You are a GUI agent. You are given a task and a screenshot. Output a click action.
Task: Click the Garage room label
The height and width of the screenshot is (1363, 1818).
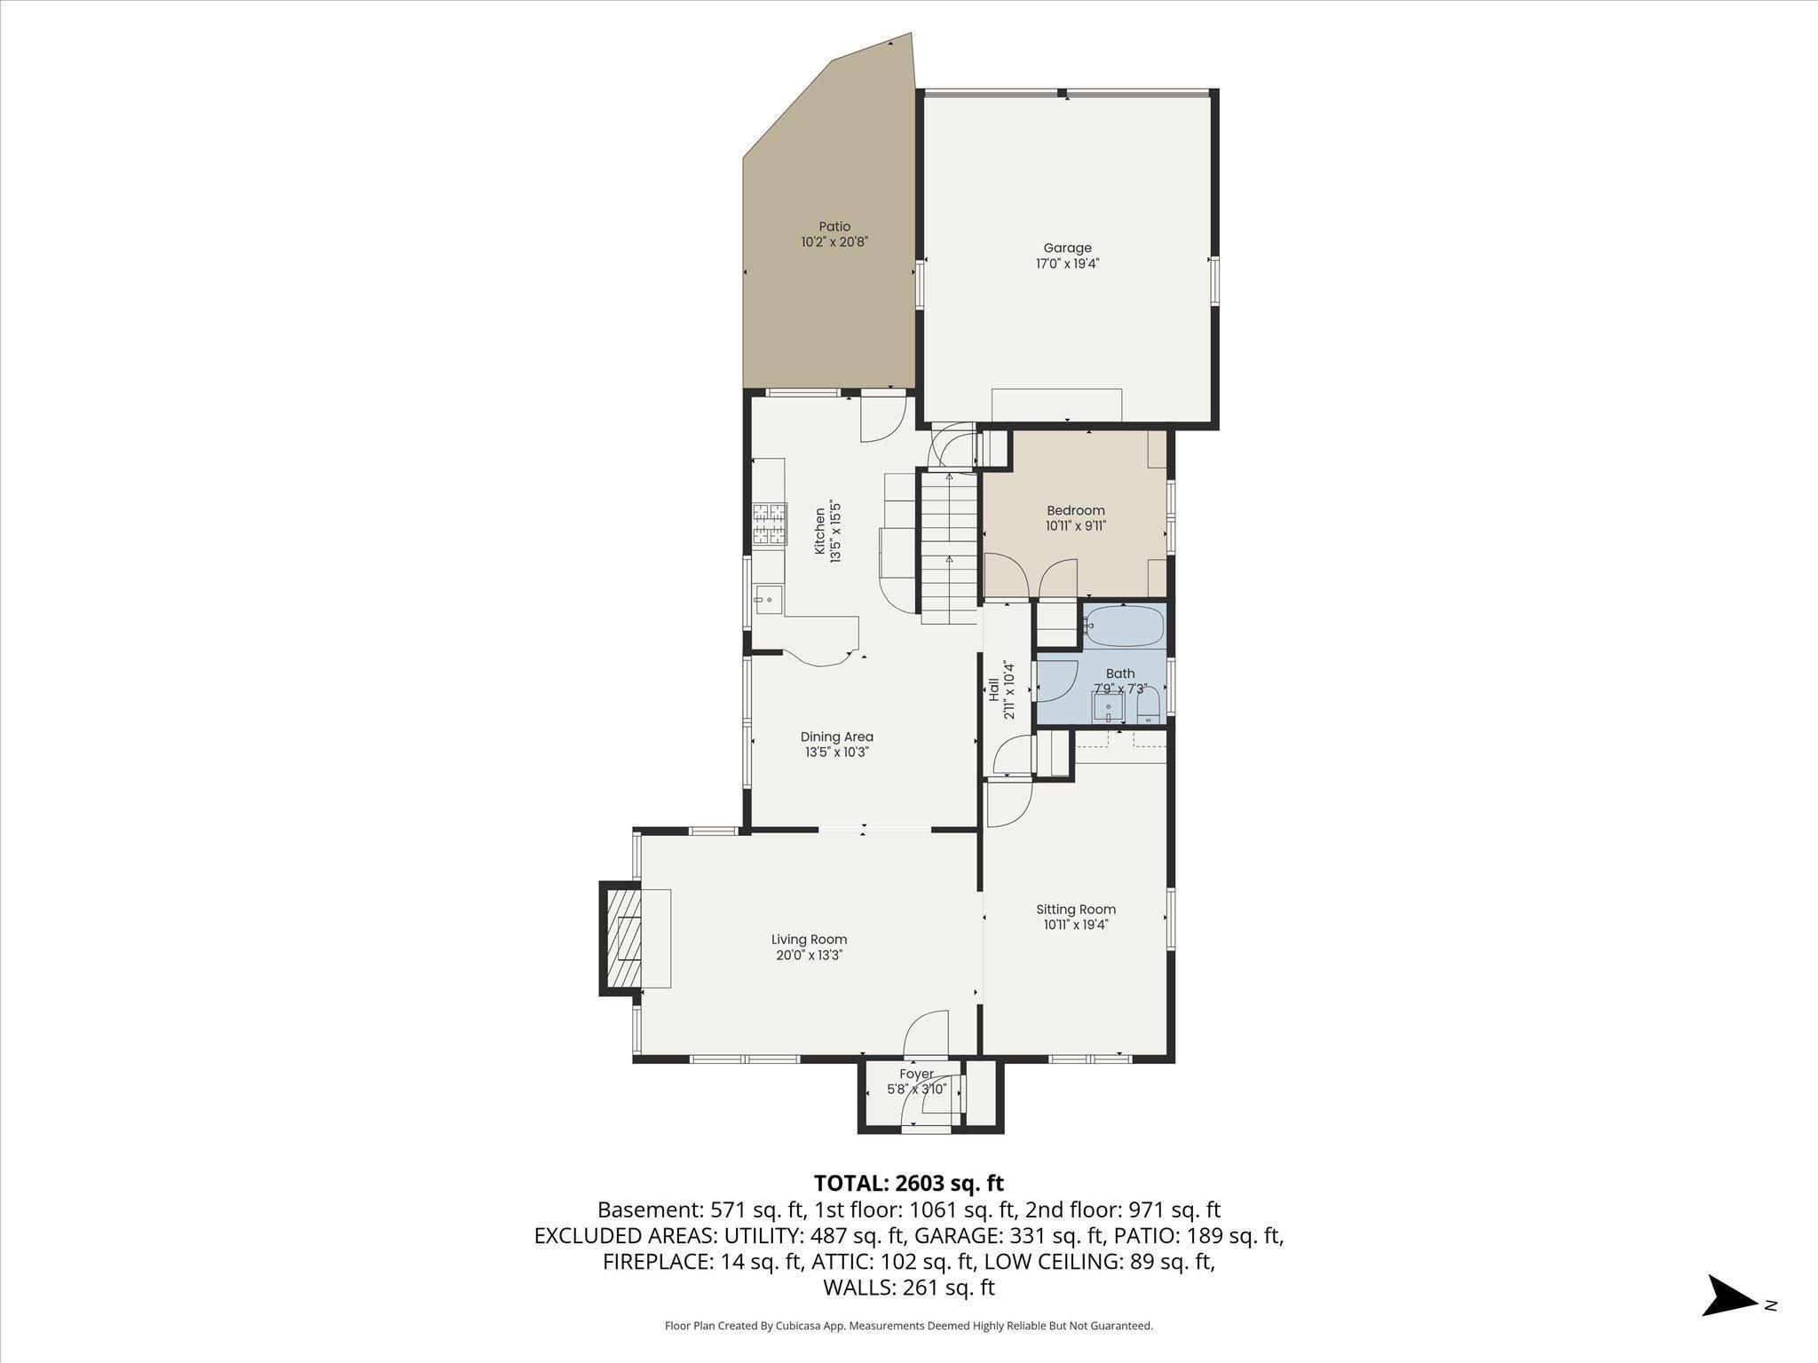1067,248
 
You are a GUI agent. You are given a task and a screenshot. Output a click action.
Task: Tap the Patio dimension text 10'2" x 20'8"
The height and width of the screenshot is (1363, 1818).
834,241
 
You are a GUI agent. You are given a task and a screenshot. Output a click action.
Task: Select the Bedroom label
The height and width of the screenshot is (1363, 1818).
1075,510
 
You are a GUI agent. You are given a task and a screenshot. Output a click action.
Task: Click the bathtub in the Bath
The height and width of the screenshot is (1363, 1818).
1124,626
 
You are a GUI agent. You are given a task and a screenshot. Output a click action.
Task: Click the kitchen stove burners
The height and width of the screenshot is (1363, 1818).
770,524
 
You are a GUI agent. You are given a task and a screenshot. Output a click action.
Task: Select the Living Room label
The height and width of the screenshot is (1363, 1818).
809,940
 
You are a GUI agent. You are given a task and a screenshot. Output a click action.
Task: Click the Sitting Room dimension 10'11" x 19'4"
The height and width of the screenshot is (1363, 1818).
1076,925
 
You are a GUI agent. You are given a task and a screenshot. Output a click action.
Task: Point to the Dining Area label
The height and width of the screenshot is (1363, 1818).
836,737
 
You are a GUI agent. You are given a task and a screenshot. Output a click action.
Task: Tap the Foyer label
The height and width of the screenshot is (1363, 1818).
916,1074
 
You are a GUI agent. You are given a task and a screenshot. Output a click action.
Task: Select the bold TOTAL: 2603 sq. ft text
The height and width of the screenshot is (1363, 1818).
908,1183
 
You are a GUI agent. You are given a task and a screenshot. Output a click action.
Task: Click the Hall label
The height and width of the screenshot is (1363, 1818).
993,689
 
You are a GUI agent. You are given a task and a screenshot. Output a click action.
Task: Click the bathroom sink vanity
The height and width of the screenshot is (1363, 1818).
1108,708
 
